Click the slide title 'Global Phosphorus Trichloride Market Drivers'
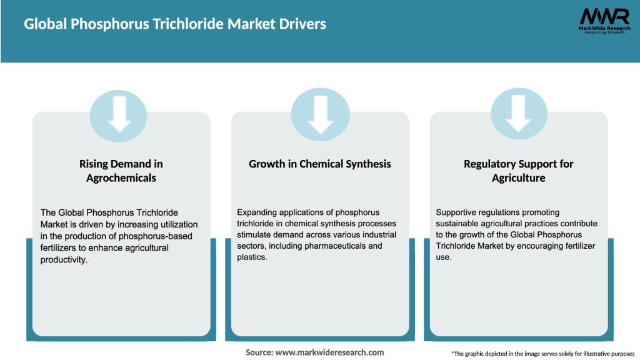tap(175, 24)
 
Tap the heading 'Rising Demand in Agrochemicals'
tap(121, 171)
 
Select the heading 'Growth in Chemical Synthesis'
tap(320, 164)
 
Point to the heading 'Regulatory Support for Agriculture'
tap(518, 171)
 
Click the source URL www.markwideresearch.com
tap(329, 352)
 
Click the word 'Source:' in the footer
tap(259, 352)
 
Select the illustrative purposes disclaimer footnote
tap(542, 354)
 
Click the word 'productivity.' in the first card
tap(64, 259)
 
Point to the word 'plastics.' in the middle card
tap(252, 257)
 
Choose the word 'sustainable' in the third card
tap(459, 224)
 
